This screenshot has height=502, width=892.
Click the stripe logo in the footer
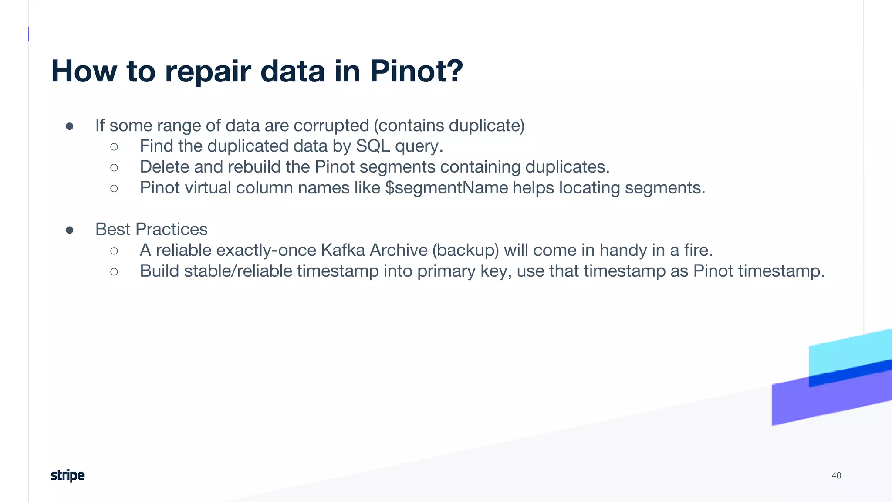pyautogui.click(x=68, y=475)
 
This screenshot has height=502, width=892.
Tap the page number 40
pyautogui.click(x=836, y=475)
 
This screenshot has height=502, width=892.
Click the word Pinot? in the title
pyautogui.click(x=416, y=71)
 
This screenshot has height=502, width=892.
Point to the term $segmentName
pyautogui.click(x=446, y=188)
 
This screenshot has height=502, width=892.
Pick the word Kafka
pyautogui.click(x=343, y=250)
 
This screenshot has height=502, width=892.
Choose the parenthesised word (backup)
pyautogui.click(x=466, y=250)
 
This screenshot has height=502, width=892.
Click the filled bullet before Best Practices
pyautogui.click(x=70, y=230)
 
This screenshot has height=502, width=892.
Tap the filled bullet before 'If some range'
pyautogui.click(x=70, y=126)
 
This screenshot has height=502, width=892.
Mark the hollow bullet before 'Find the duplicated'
pyautogui.click(x=114, y=147)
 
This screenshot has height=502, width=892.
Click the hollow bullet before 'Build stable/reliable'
pyautogui.click(x=114, y=272)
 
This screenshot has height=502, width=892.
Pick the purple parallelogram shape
pyautogui.click(x=806, y=403)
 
